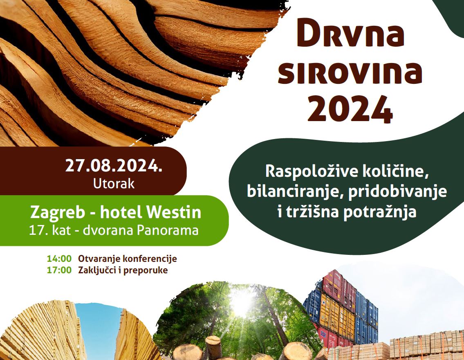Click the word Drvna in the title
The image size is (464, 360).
(350, 35)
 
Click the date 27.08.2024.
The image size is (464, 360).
(114, 166)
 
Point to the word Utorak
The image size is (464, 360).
(114, 184)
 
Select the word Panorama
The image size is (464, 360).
(167, 230)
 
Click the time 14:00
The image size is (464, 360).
(59, 259)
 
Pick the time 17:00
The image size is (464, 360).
(59, 270)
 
